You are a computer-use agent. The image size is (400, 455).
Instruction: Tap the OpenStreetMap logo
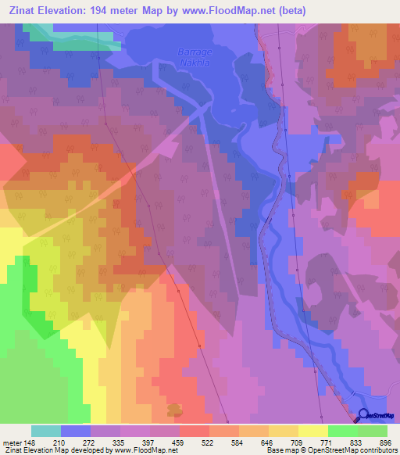point(378,416)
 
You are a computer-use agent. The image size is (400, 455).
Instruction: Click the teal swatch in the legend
point(46,431)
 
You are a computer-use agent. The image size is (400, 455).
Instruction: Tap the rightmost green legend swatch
point(373,431)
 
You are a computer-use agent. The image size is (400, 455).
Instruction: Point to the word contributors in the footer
point(373,450)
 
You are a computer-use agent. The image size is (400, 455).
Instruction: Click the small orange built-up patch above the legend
point(176,409)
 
